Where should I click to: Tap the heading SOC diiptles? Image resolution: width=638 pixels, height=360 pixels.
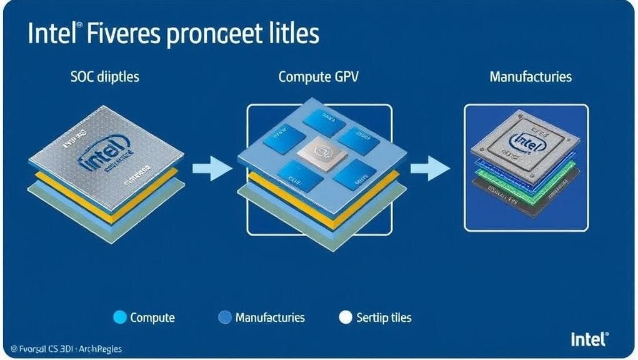[105, 77]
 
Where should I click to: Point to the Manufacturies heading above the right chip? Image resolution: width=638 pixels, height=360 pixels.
[531, 77]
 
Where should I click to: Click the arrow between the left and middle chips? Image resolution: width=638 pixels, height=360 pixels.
[211, 168]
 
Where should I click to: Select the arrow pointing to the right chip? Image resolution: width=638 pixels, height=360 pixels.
[429, 168]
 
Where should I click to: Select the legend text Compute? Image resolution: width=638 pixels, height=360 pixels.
[152, 317]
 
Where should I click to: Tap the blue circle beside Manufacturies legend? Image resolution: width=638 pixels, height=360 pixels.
[224, 317]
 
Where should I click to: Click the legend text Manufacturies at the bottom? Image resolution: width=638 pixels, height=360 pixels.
[270, 317]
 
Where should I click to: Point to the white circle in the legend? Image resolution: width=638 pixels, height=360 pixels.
[346, 317]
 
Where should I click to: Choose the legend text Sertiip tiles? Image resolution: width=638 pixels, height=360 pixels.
[384, 317]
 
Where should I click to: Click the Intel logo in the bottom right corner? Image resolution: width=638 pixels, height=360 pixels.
[588, 340]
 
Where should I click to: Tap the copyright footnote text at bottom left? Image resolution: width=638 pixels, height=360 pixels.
[62, 349]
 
